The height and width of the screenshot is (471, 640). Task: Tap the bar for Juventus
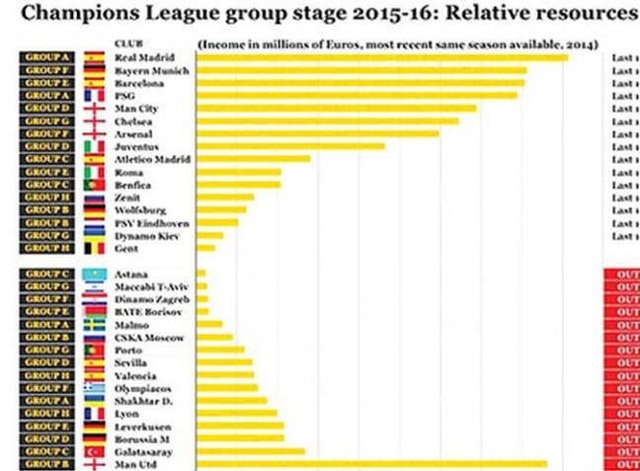coord(290,146)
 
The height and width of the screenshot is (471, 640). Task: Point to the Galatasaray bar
coord(251,451)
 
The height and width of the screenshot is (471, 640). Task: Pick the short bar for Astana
coord(201,274)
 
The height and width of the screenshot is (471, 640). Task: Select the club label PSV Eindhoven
coord(148,223)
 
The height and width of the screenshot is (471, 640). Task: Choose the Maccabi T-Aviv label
coord(150,286)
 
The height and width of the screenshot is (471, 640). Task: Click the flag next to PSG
coord(94,97)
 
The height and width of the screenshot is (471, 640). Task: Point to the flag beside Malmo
coord(94,325)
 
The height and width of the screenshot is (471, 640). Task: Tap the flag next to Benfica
coord(94,185)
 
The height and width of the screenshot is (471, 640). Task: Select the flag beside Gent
coord(94,249)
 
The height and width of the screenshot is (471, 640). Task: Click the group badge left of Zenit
coord(45,197)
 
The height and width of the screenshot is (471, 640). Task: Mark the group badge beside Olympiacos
coord(45,388)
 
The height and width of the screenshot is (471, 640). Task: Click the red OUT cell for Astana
coord(621,274)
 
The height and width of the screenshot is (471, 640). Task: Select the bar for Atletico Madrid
coord(255,159)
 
